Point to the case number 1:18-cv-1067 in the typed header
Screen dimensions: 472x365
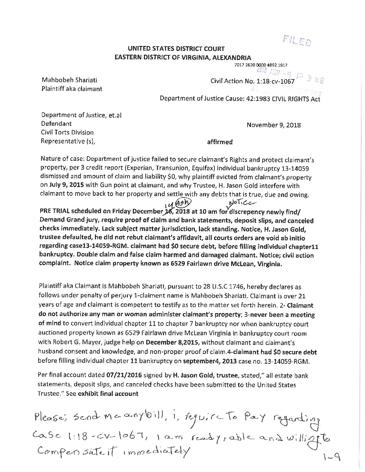click(x=278, y=81)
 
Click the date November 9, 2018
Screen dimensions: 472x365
click(x=273, y=125)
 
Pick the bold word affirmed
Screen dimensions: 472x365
click(x=220, y=142)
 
